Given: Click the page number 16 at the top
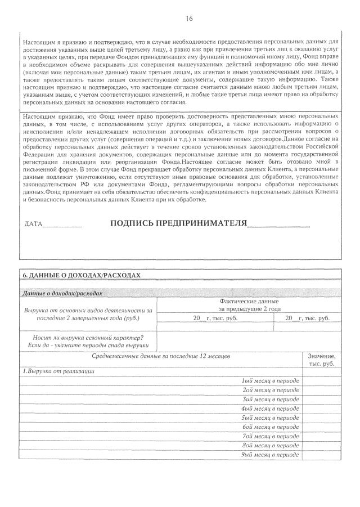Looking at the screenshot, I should pos(189,19).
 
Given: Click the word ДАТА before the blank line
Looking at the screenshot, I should pos(34,225).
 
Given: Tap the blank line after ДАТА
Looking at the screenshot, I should pos(62,225).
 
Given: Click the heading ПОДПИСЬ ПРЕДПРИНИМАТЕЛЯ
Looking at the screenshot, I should pos(179,223).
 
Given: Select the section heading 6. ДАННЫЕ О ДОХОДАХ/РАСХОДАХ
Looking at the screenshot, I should pos(80,275).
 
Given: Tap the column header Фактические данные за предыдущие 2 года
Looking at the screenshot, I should pos(249,305).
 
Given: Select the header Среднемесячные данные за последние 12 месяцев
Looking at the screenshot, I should pos(160,356).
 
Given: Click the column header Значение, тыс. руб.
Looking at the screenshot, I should pos(322,360).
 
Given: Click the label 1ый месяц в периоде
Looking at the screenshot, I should pos(271,380).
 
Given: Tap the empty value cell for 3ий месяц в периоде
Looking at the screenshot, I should pos(322,398).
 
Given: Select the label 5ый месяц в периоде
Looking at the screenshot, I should pos(271,418).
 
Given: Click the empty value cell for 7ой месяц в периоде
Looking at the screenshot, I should pos(322,436).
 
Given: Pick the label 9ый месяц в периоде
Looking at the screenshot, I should pos(271,454).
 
